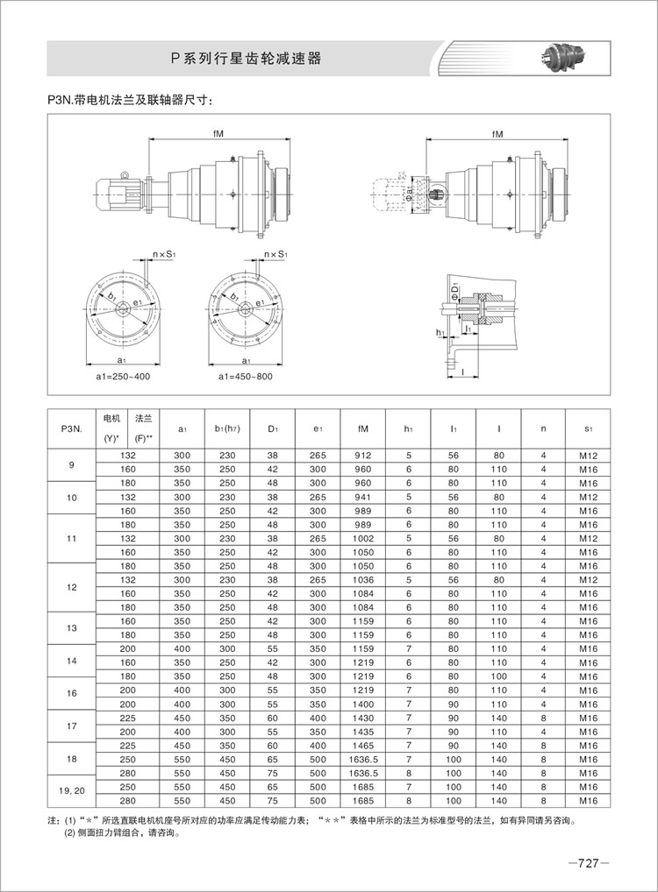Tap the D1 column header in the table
tap(273, 428)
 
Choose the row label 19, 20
tap(71, 792)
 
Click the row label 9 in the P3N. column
tap(71, 463)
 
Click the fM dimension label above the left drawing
tap(218, 133)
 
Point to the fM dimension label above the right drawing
tap(497, 133)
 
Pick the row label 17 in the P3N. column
tap(71, 725)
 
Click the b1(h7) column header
tap(227, 428)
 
